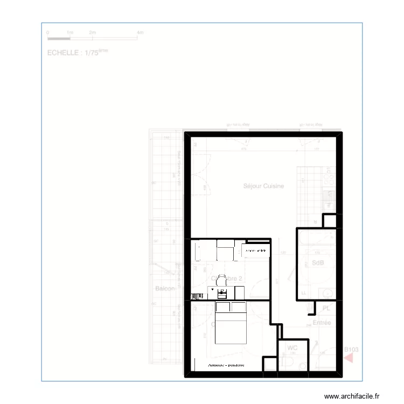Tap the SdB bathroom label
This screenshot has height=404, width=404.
tap(318, 263)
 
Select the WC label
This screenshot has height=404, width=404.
tap(292, 348)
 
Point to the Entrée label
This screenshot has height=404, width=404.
tap(322, 323)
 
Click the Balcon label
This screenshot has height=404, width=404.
tap(165, 289)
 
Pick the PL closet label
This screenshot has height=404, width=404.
tap(326, 308)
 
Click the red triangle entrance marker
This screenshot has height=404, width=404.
tap(350, 357)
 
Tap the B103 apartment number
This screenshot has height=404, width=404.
tap(351, 349)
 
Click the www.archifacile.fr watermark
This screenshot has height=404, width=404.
tap(356, 395)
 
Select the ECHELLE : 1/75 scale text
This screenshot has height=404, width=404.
tap(78, 53)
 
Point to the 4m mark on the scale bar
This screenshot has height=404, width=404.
tap(140, 33)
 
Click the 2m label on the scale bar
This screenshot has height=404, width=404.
tap(92, 33)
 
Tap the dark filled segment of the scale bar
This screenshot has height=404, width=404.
tap(59, 38)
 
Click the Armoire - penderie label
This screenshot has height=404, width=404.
tap(226, 365)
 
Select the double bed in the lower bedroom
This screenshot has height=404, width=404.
tap(231, 323)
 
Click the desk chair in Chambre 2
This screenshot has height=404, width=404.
tap(221, 280)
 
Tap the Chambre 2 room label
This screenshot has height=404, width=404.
tap(228, 278)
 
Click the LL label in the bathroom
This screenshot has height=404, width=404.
tap(304, 292)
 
